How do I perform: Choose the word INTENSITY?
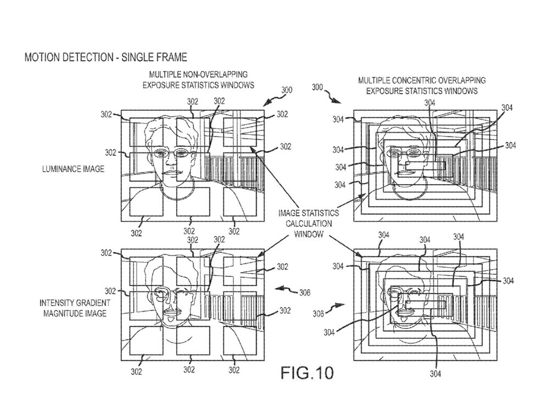pyautogui.click(x=58, y=303)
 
